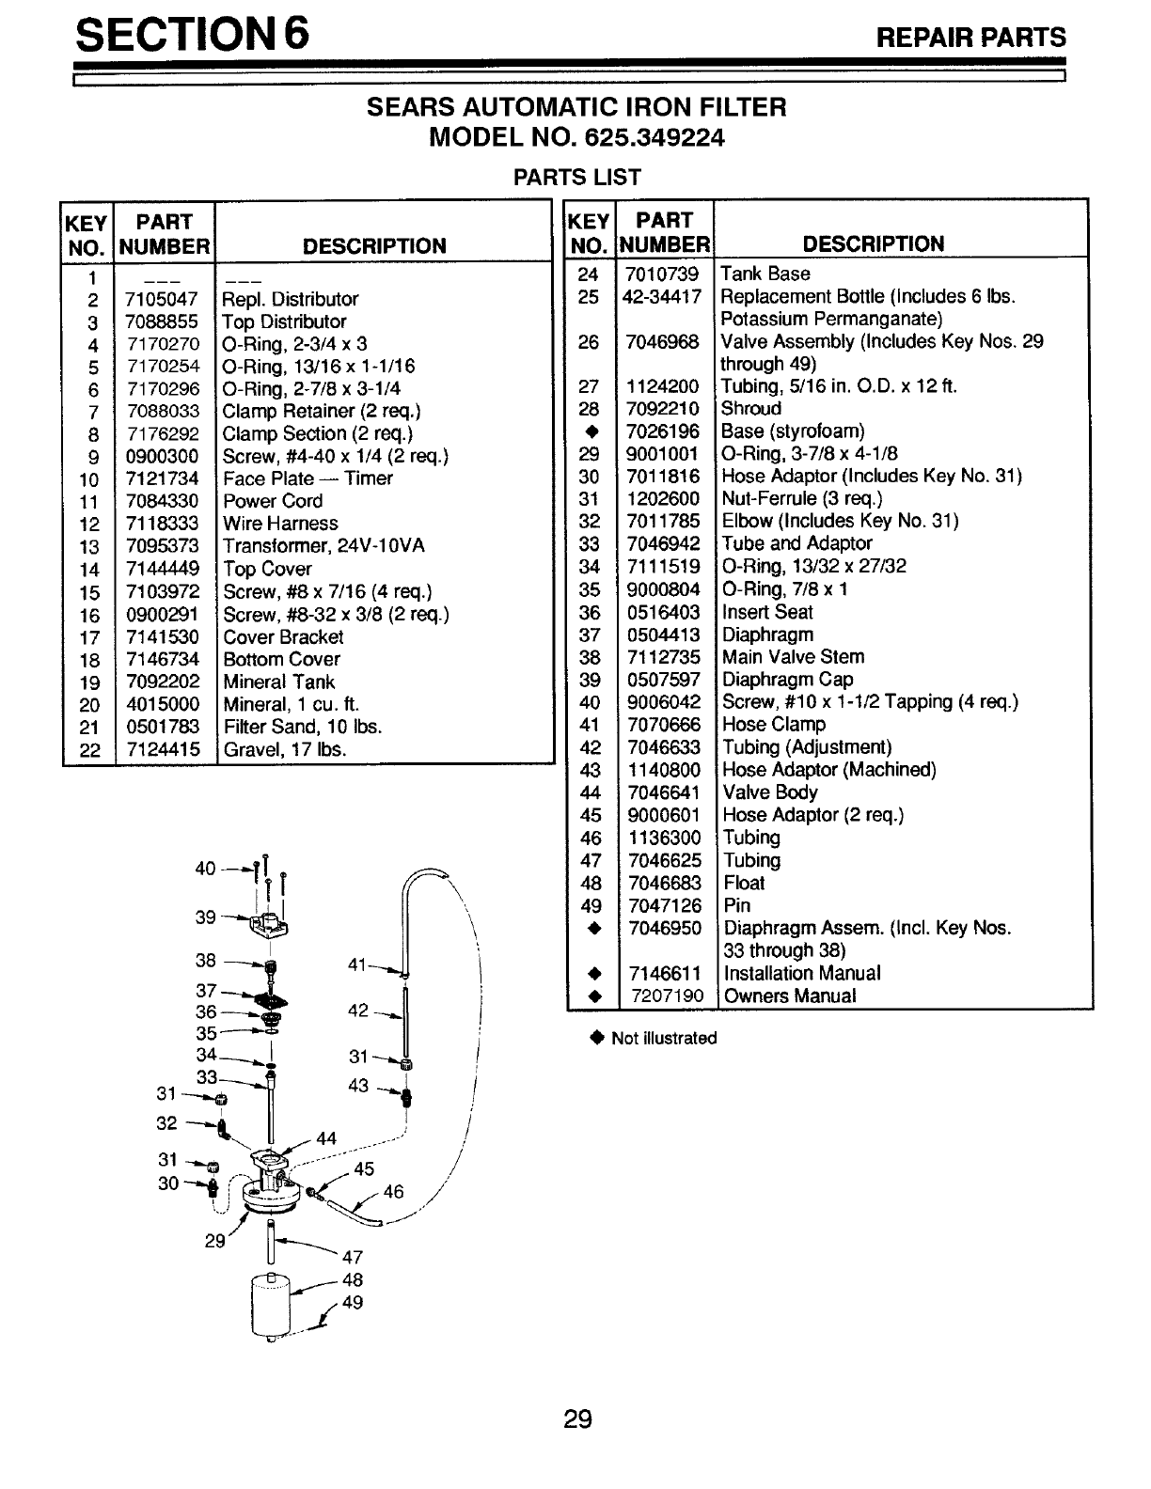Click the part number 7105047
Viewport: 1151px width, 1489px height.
coord(162,299)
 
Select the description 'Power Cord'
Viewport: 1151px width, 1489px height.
coord(273,501)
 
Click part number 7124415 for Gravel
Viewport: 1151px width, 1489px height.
coord(163,749)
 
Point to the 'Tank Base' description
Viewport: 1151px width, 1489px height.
coord(765,274)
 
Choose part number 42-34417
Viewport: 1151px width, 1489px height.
coord(662,296)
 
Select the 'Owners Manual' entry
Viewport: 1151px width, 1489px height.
coord(790,996)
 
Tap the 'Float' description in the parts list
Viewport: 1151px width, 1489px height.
coord(744,883)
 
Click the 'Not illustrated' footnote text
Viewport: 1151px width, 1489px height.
coord(664,1038)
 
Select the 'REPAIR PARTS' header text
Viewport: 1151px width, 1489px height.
coord(971,38)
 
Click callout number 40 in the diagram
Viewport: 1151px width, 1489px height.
coord(205,869)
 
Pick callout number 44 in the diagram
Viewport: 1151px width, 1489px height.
coord(326,1138)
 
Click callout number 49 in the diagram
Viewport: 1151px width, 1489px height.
coord(353,1302)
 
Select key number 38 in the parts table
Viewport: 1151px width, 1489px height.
coord(590,657)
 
